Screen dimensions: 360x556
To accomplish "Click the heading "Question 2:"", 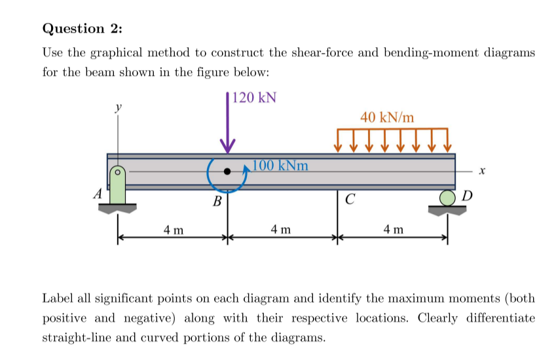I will pyautogui.click(x=82, y=29).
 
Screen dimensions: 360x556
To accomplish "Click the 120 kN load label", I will pyautogui.click(x=254, y=98).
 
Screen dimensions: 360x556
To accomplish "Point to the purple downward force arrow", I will pyautogui.click(x=228, y=128).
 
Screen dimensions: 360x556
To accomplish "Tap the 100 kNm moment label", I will pyautogui.click(x=280, y=165).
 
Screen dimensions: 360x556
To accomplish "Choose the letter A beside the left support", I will pyautogui.click(x=98, y=194).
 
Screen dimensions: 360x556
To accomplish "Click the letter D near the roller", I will pyautogui.click(x=466, y=195).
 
